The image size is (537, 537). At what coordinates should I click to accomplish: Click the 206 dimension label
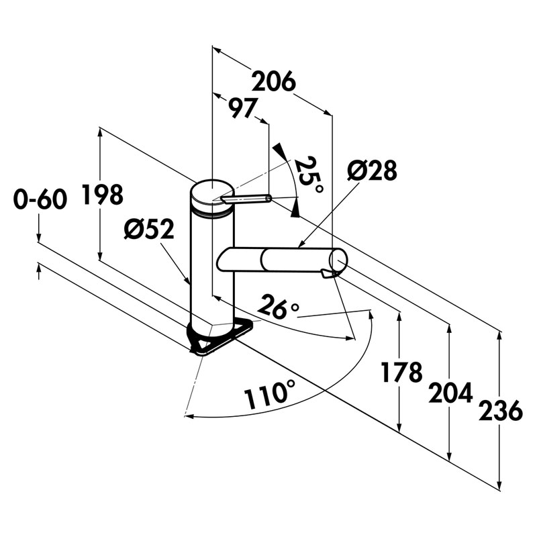273,82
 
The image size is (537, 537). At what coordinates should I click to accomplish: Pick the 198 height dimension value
103,195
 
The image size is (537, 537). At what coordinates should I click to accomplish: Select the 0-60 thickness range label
40,199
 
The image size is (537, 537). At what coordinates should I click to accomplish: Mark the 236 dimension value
500,410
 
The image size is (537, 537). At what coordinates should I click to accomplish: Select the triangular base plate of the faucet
222,336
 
